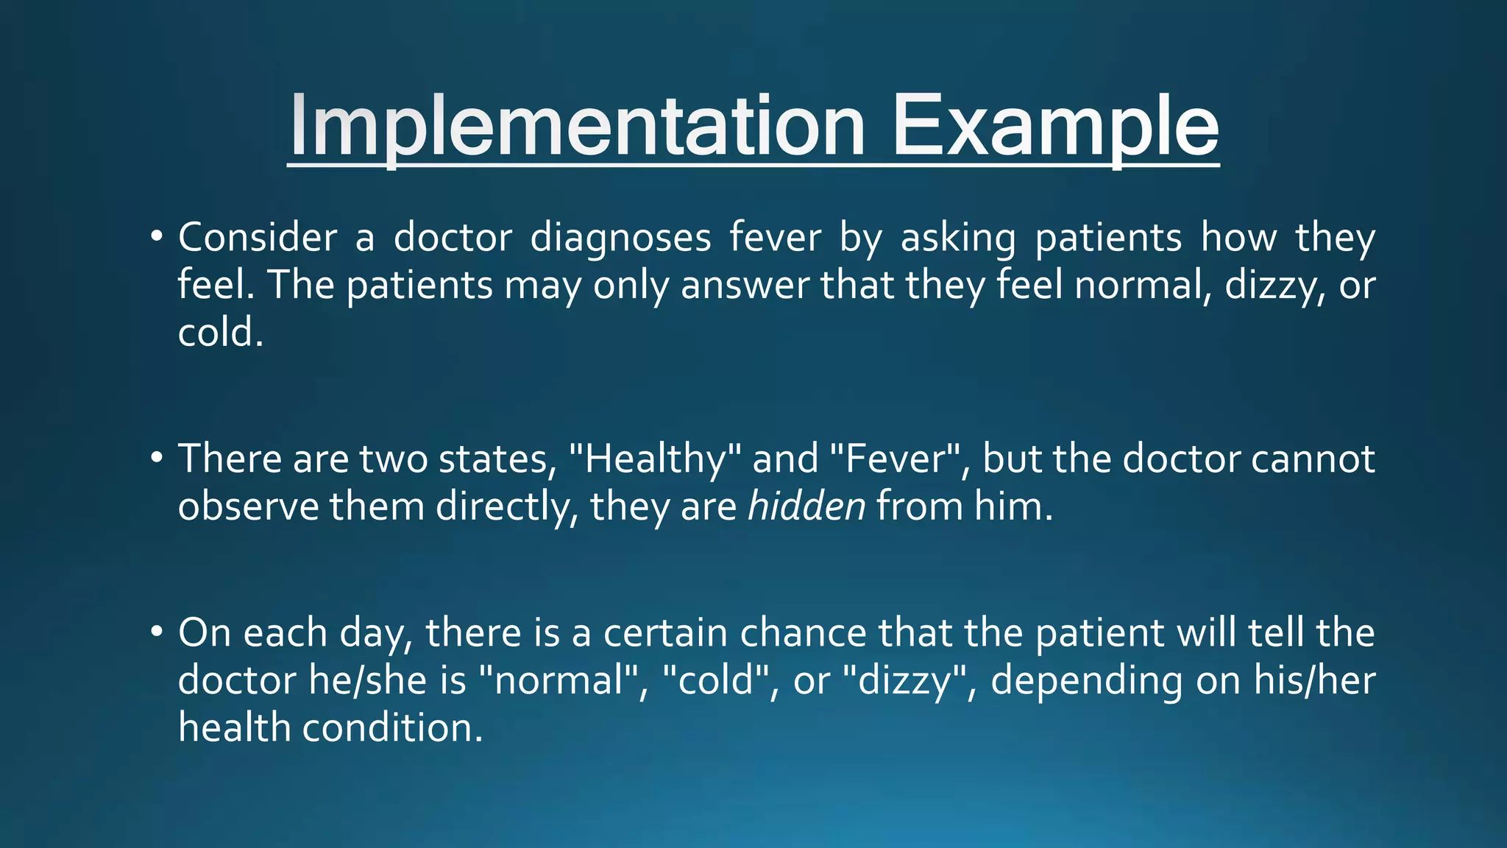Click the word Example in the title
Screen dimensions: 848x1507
pyautogui.click(x=1055, y=127)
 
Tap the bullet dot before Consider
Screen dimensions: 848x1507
pyautogui.click(x=155, y=237)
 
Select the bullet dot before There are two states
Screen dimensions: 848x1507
pyautogui.click(x=155, y=458)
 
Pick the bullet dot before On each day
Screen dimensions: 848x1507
pyautogui.click(x=155, y=632)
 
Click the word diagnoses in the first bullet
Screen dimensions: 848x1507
pyautogui.click(x=620, y=239)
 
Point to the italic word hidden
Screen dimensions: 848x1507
pyautogui.click(x=806, y=506)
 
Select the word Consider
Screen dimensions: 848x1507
pyautogui.click(x=257, y=239)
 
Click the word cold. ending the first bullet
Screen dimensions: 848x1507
pyautogui.click(x=220, y=333)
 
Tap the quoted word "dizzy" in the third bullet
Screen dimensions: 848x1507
pyautogui.click(x=907, y=680)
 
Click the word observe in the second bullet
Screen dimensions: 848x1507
pyautogui.click(x=248, y=506)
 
